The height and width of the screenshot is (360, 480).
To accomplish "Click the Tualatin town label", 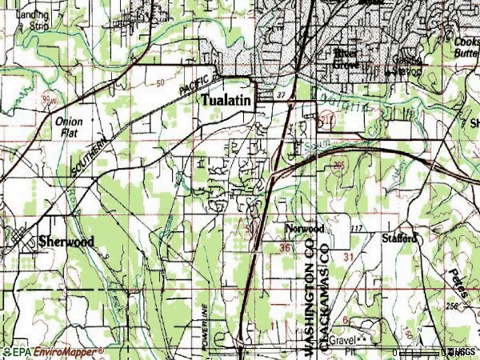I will click(x=226, y=102).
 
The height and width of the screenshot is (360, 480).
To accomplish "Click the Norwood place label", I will click(x=304, y=229).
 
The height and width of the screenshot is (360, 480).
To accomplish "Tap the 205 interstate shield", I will click(x=339, y=166).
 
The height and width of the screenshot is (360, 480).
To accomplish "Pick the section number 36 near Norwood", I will click(x=286, y=249).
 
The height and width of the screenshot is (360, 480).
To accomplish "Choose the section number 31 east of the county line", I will click(x=347, y=256).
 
